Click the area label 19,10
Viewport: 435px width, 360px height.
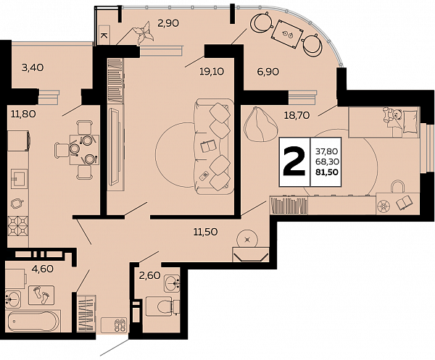tap(212, 72)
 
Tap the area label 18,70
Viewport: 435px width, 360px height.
tap(297, 115)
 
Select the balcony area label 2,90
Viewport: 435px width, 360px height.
tap(168, 23)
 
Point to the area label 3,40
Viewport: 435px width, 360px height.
tap(33, 67)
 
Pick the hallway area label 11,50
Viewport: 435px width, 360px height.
tap(206, 232)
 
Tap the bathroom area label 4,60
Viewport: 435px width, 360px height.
tap(42, 269)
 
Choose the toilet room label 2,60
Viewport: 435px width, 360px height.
tap(150, 275)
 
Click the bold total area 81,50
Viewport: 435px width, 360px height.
tap(327, 172)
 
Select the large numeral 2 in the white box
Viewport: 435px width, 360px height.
tap(294, 162)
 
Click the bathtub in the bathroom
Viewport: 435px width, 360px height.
tap(33, 322)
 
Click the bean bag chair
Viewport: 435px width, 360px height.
tap(260, 125)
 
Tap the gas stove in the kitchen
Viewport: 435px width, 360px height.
tap(18, 225)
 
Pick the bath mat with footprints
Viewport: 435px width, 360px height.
tap(41, 296)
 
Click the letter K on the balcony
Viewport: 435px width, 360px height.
tap(104, 35)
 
